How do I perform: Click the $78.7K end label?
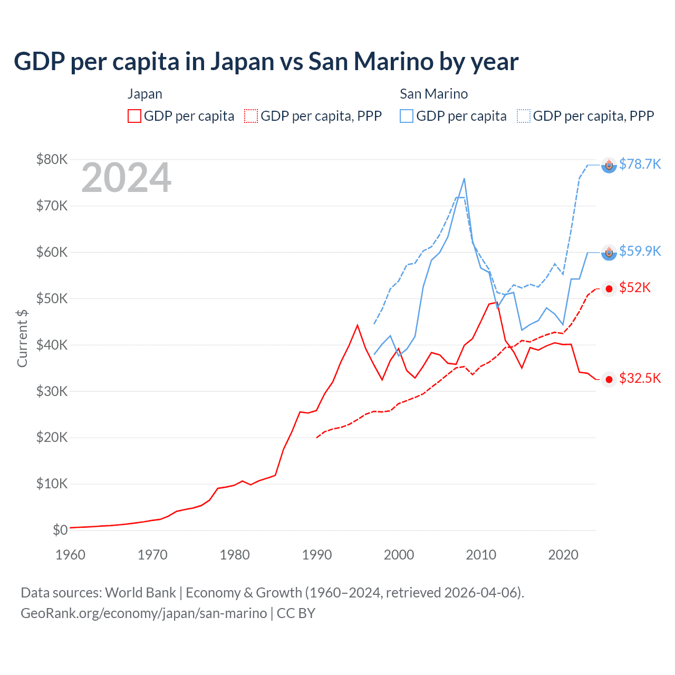[x=640, y=164]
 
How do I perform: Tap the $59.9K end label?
[x=640, y=251]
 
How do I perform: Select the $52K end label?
[x=635, y=287]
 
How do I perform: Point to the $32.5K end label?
[x=640, y=378]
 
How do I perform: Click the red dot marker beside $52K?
[x=609, y=288]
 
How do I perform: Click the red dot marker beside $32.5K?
[x=609, y=380]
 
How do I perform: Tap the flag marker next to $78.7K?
[x=609, y=166]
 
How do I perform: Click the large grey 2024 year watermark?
[x=126, y=178]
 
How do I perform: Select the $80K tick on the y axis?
[x=52, y=159]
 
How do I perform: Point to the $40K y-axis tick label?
[x=52, y=345]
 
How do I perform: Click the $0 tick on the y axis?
[x=60, y=530]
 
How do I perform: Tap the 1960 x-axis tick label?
[x=70, y=555]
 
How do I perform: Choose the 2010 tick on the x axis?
[x=481, y=555]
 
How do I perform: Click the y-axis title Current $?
[x=22, y=338]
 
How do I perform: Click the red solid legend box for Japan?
[x=134, y=116]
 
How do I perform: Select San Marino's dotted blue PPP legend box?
[x=524, y=116]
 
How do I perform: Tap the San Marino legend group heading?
[x=433, y=94]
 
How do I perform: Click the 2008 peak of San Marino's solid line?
[x=464, y=179]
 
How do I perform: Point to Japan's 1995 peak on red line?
[x=358, y=325]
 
